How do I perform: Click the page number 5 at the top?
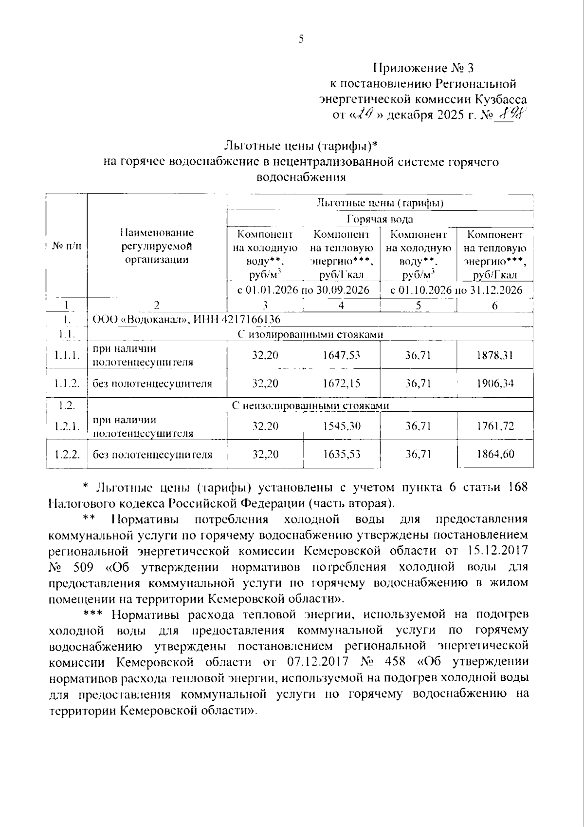(301, 39)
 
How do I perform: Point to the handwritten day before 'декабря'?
(363, 115)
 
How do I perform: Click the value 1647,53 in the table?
(341, 355)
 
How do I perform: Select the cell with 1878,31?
(494, 355)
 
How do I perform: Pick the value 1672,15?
(341, 384)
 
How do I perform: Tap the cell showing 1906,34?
(494, 384)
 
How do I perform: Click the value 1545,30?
(341, 426)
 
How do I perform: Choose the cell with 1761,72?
(494, 426)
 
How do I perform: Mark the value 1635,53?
(341, 455)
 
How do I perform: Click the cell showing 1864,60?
(494, 455)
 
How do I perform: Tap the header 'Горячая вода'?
(380, 219)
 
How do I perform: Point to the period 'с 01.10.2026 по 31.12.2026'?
(456, 290)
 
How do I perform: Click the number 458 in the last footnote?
(395, 662)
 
